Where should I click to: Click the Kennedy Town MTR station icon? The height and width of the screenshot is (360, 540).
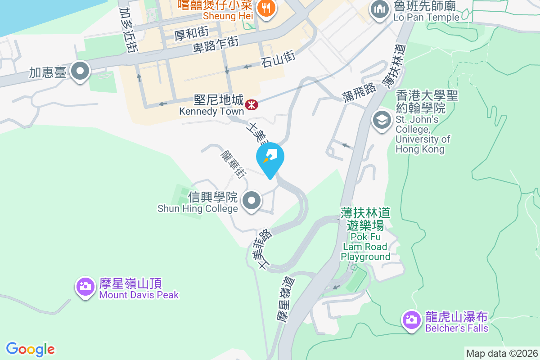tap(252, 105)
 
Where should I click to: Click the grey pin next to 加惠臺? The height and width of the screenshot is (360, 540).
tap(81, 71)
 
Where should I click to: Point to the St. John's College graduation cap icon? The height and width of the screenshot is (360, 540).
tap(382, 120)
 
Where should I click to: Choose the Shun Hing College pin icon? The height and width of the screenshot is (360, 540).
tap(252, 200)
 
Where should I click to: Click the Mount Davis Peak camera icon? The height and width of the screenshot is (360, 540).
tap(85, 286)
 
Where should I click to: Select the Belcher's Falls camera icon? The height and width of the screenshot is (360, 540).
tap(411, 320)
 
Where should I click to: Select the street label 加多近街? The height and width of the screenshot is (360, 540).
tap(128, 29)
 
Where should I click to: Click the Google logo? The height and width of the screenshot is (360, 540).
tap(30, 349)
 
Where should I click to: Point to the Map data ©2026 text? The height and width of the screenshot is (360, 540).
tap(502, 353)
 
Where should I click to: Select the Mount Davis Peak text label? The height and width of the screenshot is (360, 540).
tap(139, 295)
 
